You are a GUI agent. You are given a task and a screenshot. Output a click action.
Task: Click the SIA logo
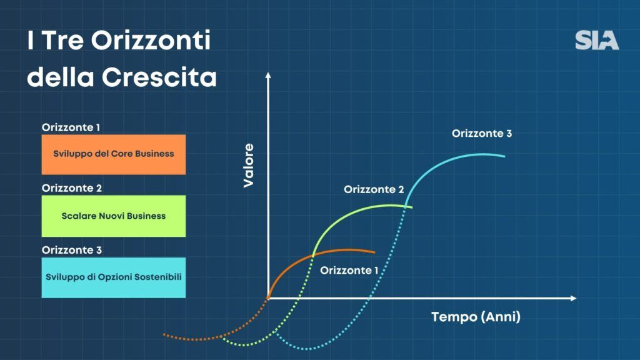point(597,41)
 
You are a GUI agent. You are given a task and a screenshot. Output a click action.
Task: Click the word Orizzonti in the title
point(151,40)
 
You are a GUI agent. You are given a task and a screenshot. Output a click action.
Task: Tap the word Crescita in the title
point(159,76)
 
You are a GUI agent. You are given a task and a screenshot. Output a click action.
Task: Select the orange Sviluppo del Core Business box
point(114,154)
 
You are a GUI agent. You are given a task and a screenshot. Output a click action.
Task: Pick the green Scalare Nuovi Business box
point(114,216)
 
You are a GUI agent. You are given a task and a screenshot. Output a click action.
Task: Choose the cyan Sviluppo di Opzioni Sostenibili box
point(114,277)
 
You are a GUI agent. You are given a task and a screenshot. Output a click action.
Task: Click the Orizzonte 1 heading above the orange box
point(71,127)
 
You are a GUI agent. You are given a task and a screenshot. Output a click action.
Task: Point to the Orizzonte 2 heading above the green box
point(72,188)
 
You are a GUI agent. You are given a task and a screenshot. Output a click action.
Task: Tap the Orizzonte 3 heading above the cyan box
point(72,250)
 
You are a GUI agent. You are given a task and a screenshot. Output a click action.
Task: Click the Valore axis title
point(248,165)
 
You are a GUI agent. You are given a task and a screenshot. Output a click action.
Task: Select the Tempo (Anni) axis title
point(476,317)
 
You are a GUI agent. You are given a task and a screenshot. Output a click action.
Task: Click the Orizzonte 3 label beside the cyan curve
point(482,134)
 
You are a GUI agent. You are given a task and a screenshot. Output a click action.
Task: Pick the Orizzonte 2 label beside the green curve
point(374,189)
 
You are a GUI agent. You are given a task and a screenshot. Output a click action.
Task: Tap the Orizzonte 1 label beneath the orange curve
point(349,270)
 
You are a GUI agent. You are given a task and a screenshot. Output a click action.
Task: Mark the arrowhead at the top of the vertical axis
point(268,76)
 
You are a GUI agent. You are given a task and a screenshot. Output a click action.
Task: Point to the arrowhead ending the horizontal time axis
point(574,298)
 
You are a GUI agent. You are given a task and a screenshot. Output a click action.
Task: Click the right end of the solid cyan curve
point(504,156)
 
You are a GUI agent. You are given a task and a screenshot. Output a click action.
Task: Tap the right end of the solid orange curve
point(374,252)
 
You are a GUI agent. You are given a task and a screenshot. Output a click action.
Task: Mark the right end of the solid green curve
point(412,207)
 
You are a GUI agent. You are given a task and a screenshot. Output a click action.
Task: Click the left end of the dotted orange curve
point(164,335)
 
